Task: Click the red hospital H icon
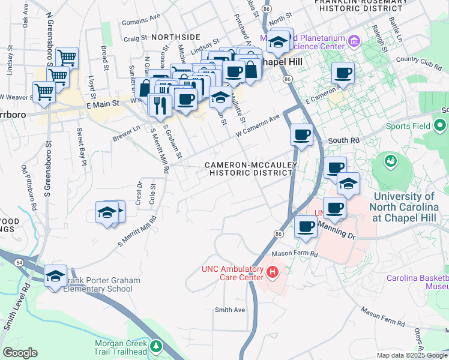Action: pyautogui.click(x=273, y=274)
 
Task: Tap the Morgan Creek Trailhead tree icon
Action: pyautogui.click(x=157, y=346)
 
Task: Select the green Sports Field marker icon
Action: pyautogui.click(x=440, y=127)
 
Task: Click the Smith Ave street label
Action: pyautogui.click(x=231, y=310)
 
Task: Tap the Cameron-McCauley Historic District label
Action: pyautogui.click(x=248, y=169)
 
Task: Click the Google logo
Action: pyautogui.click(x=20, y=352)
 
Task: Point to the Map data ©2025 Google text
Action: pyautogui.click(x=411, y=355)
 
